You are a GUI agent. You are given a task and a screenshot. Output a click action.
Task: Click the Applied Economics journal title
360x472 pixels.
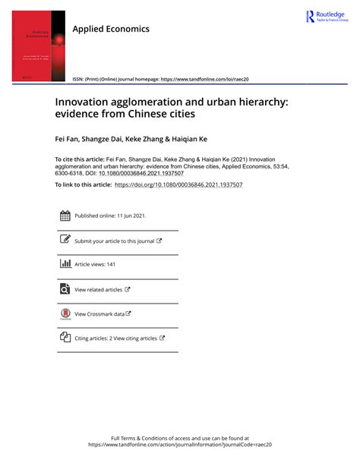pos(111,29)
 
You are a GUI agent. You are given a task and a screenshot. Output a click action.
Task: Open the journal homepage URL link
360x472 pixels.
pos(206,79)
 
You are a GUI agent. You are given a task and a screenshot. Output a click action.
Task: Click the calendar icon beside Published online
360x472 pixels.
pos(65,216)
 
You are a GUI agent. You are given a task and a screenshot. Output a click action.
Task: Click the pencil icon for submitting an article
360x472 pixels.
pos(65,240)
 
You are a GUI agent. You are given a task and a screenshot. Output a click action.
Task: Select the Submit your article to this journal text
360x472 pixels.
pos(114,241)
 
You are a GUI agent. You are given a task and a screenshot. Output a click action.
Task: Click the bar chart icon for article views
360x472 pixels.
pos(65,264)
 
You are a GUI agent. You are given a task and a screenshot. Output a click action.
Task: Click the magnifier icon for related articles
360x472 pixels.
pos(65,288)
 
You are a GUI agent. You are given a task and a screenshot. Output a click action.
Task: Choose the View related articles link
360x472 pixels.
pos(99,289)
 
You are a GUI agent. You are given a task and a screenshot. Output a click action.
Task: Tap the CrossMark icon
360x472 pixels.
pos(65,313)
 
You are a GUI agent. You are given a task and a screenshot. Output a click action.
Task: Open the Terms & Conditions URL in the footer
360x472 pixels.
pos(180,445)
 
